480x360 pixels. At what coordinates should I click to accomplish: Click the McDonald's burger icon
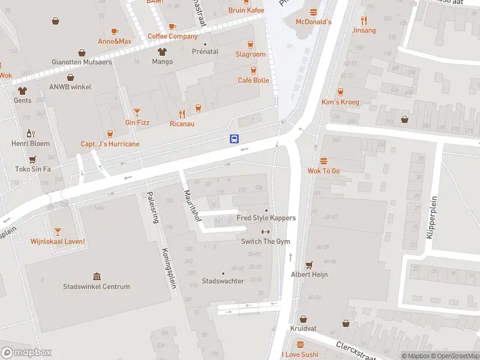[x=313, y=12]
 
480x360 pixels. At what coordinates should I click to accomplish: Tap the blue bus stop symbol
[x=234, y=139]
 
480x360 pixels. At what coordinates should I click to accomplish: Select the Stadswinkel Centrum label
[x=97, y=287]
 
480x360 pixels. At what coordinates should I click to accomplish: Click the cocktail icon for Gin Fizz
[x=137, y=112]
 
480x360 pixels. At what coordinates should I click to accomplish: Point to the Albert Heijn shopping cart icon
[x=309, y=265]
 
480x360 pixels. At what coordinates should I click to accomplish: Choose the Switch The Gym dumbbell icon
[x=265, y=232]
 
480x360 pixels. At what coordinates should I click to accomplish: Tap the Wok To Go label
[x=323, y=171]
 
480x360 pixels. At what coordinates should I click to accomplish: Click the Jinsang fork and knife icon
[x=364, y=20]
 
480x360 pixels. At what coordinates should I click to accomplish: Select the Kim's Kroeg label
[x=340, y=102]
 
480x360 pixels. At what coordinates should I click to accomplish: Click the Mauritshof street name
[x=191, y=206]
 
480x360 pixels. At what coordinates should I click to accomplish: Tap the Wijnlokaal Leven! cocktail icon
[x=58, y=232]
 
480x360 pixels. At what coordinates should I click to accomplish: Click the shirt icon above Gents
[x=23, y=91]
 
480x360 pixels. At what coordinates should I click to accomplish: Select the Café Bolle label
[x=253, y=80]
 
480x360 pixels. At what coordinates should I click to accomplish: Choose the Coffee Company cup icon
[x=172, y=26]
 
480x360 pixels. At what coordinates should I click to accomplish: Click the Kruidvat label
[x=303, y=329]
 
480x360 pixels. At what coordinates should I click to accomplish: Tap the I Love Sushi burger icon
[x=300, y=344]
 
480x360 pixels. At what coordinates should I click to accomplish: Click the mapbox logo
[x=26, y=353]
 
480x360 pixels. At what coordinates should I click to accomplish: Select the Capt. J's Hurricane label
[x=110, y=144]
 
